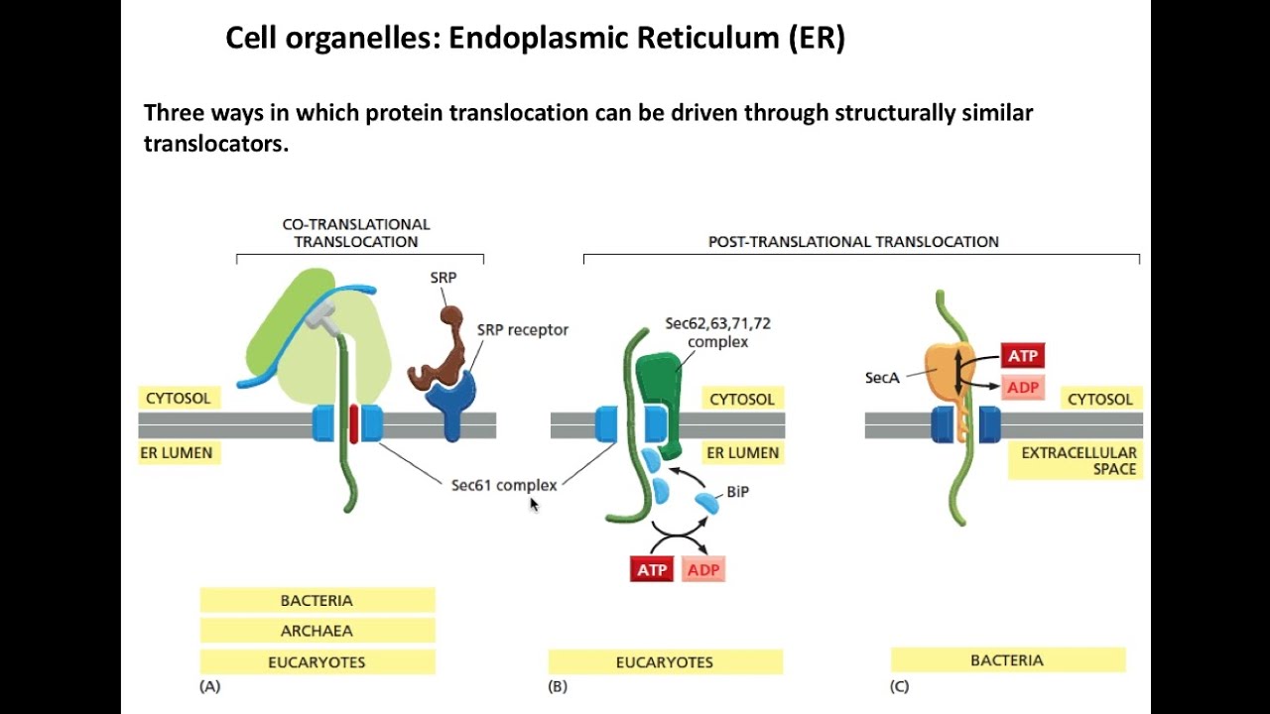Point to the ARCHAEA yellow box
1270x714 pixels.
coord(317,631)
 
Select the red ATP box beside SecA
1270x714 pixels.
coord(1023,356)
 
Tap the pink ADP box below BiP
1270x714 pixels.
coord(703,570)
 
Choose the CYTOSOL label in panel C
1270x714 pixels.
coord(1099,400)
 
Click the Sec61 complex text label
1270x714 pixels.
coord(503,485)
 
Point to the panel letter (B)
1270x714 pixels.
coord(558,686)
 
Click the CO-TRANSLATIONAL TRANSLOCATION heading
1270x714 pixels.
coord(356,233)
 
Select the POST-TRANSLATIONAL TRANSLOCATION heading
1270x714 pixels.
coord(853,241)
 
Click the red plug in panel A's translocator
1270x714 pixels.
coord(353,423)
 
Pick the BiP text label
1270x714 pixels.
coord(737,491)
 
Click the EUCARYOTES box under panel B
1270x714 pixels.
coord(665,662)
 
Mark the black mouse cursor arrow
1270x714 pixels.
coord(533,504)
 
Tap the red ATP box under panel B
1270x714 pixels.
coord(652,570)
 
